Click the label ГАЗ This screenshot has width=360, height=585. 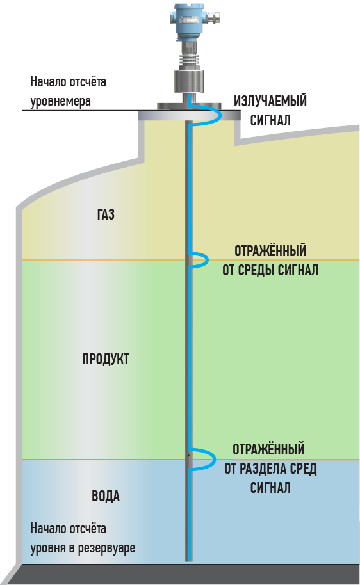tap(106, 214)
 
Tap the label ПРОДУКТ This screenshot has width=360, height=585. tap(106, 359)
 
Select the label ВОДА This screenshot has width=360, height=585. tap(106, 496)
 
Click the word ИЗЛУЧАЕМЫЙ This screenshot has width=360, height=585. tap(270, 101)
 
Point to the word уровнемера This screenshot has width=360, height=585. tap(60, 101)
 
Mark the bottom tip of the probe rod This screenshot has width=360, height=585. tap(190, 561)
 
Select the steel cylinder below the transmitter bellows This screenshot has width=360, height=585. tap(190, 81)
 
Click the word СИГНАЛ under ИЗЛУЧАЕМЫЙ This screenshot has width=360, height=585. tap(270, 120)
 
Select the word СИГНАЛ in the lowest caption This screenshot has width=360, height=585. tap(270, 488)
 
